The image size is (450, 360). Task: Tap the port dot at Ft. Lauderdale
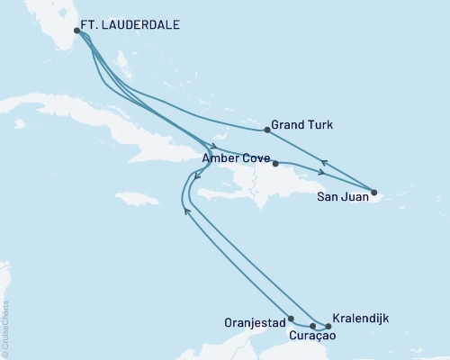[x=77, y=31]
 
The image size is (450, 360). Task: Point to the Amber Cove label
[x=234, y=157]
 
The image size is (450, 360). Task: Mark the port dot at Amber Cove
[x=275, y=163]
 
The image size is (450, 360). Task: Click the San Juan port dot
[x=374, y=192]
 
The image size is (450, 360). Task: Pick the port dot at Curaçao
[x=312, y=326]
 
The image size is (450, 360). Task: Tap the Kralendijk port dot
[x=328, y=326]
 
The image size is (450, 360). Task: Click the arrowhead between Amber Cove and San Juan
[x=322, y=172]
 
